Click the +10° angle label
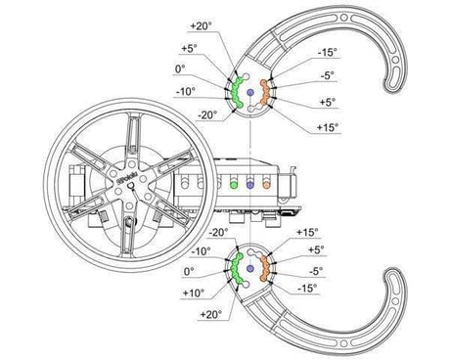click(x=193, y=292)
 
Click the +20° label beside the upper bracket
click(x=201, y=25)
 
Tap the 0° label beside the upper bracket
click(x=180, y=68)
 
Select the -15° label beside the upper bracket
click(x=329, y=53)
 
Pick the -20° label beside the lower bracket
click(x=218, y=232)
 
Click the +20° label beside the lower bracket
click(x=208, y=313)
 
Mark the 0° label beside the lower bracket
click(x=190, y=271)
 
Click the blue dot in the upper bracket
click(x=249, y=93)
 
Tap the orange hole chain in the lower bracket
click(x=264, y=268)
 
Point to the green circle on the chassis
click(x=235, y=182)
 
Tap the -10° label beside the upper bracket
click(x=184, y=91)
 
